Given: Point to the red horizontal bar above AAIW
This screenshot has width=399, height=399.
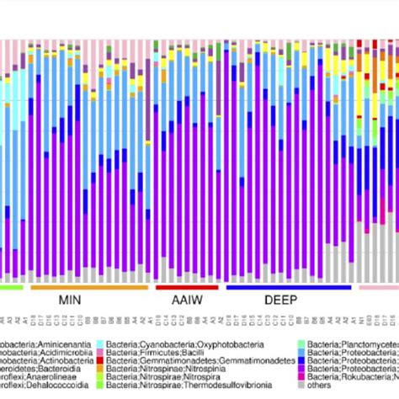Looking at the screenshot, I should click(x=175, y=286).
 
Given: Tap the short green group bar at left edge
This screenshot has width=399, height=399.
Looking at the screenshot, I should click(x=10, y=286).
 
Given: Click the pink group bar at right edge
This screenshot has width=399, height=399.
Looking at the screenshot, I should click(x=379, y=286).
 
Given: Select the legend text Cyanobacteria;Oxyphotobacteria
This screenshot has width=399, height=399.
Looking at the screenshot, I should click(x=176, y=345).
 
